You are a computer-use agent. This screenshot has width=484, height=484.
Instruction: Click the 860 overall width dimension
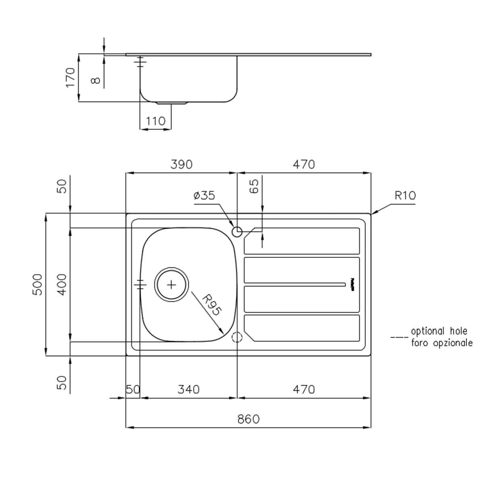coord(248,419)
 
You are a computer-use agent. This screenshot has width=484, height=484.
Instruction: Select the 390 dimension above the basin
coord(181,165)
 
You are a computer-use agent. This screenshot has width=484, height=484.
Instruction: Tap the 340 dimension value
coord(188,389)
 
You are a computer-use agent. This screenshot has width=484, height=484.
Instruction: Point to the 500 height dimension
coord(37,284)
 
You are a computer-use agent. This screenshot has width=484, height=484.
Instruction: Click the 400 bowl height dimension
coord(61,284)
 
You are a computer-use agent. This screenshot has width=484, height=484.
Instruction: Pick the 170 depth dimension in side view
coord(71,77)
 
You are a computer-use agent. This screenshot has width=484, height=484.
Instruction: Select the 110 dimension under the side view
coord(155,121)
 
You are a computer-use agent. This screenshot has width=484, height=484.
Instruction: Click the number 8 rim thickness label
coord(96,80)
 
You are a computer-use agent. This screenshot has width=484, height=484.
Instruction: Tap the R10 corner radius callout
coord(405,196)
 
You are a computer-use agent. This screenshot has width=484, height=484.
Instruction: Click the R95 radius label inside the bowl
coord(211,305)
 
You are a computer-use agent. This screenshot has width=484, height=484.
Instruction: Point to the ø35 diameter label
coord(204,196)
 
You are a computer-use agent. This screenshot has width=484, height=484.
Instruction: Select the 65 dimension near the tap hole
coord(254,186)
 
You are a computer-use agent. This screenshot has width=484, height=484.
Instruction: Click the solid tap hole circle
coord(237,232)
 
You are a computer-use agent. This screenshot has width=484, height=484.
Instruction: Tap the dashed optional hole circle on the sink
coord(237,337)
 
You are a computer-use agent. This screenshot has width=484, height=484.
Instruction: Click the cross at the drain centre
coord(172,285)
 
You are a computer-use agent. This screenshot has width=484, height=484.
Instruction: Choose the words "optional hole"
coord(439,331)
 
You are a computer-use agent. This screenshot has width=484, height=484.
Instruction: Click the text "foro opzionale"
coord(441,343)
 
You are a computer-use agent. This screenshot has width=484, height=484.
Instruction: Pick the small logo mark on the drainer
coord(352,284)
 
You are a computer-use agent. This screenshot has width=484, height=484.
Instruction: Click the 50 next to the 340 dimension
coord(133,389)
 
